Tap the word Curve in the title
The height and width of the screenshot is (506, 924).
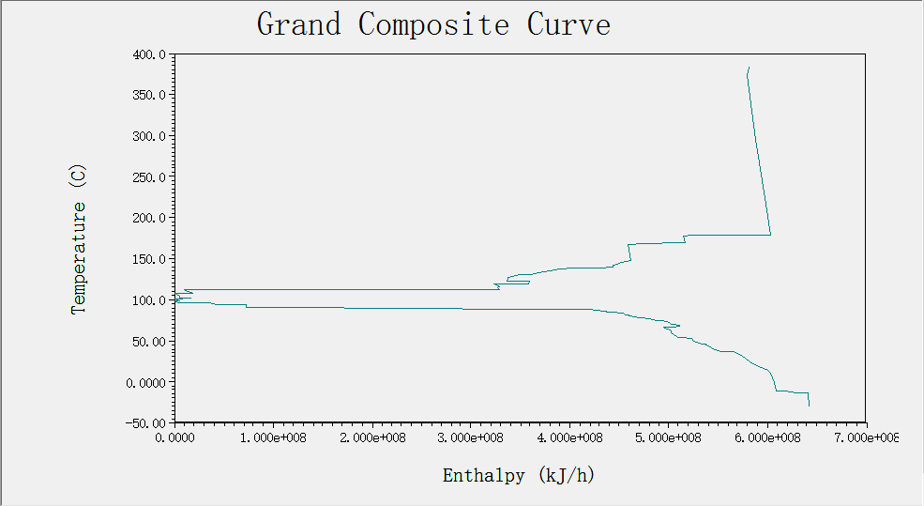coord(568,23)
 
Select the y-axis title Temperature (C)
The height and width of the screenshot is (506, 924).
coord(79,238)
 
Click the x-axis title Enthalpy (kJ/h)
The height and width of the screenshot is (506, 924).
coord(518,475)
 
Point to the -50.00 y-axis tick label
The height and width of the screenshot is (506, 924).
coord(147,423)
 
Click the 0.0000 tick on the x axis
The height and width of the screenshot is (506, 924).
coord(174,437)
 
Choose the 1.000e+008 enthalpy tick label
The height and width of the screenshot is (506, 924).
coord(273,437)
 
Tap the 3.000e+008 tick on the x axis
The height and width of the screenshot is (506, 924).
coord(471,437)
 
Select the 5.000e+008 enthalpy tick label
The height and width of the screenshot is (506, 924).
coord(668,437)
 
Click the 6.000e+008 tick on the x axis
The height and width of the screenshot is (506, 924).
coord(766,437)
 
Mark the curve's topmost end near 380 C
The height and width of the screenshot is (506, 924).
coord(749,68)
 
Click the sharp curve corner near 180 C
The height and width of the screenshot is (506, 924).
coord(770,235)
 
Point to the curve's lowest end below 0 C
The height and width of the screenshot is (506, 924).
coord(809,406)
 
